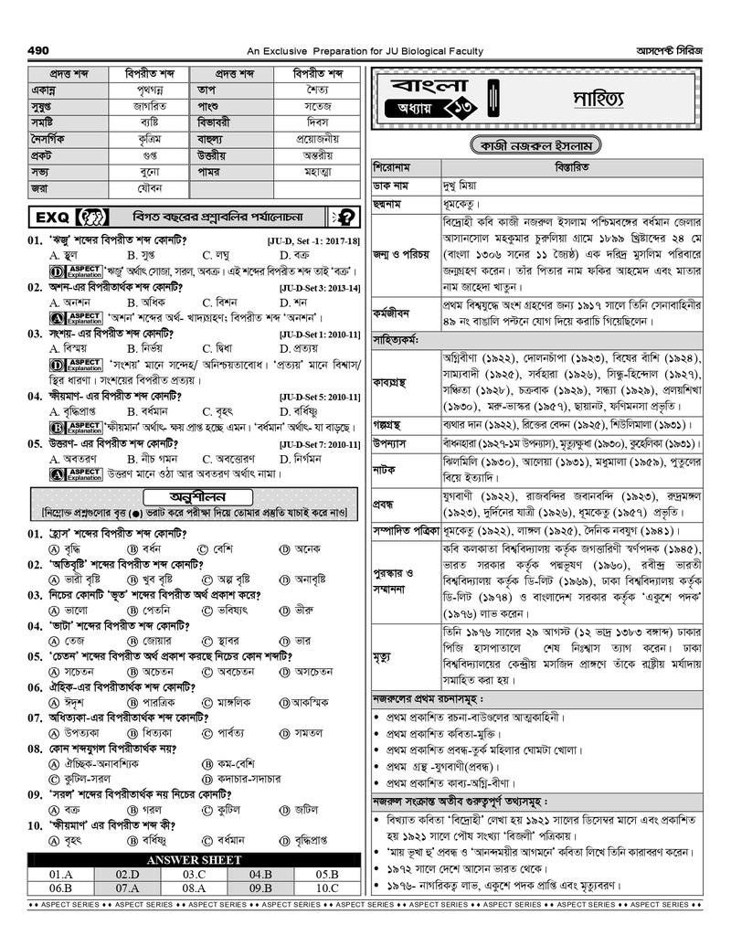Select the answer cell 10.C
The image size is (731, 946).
click(x=327, y=888)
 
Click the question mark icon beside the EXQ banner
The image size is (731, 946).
click(x=346, y=218)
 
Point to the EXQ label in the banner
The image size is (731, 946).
click(x=50, y=218)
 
